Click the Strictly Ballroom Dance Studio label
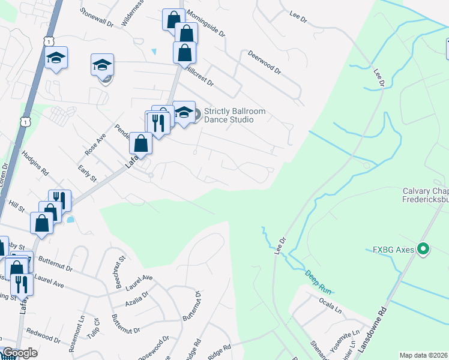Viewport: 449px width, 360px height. point(229,115)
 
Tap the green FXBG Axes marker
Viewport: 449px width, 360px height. point(423,248)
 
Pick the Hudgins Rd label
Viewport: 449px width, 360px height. point(34,163)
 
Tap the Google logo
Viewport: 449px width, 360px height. point(19,353)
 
